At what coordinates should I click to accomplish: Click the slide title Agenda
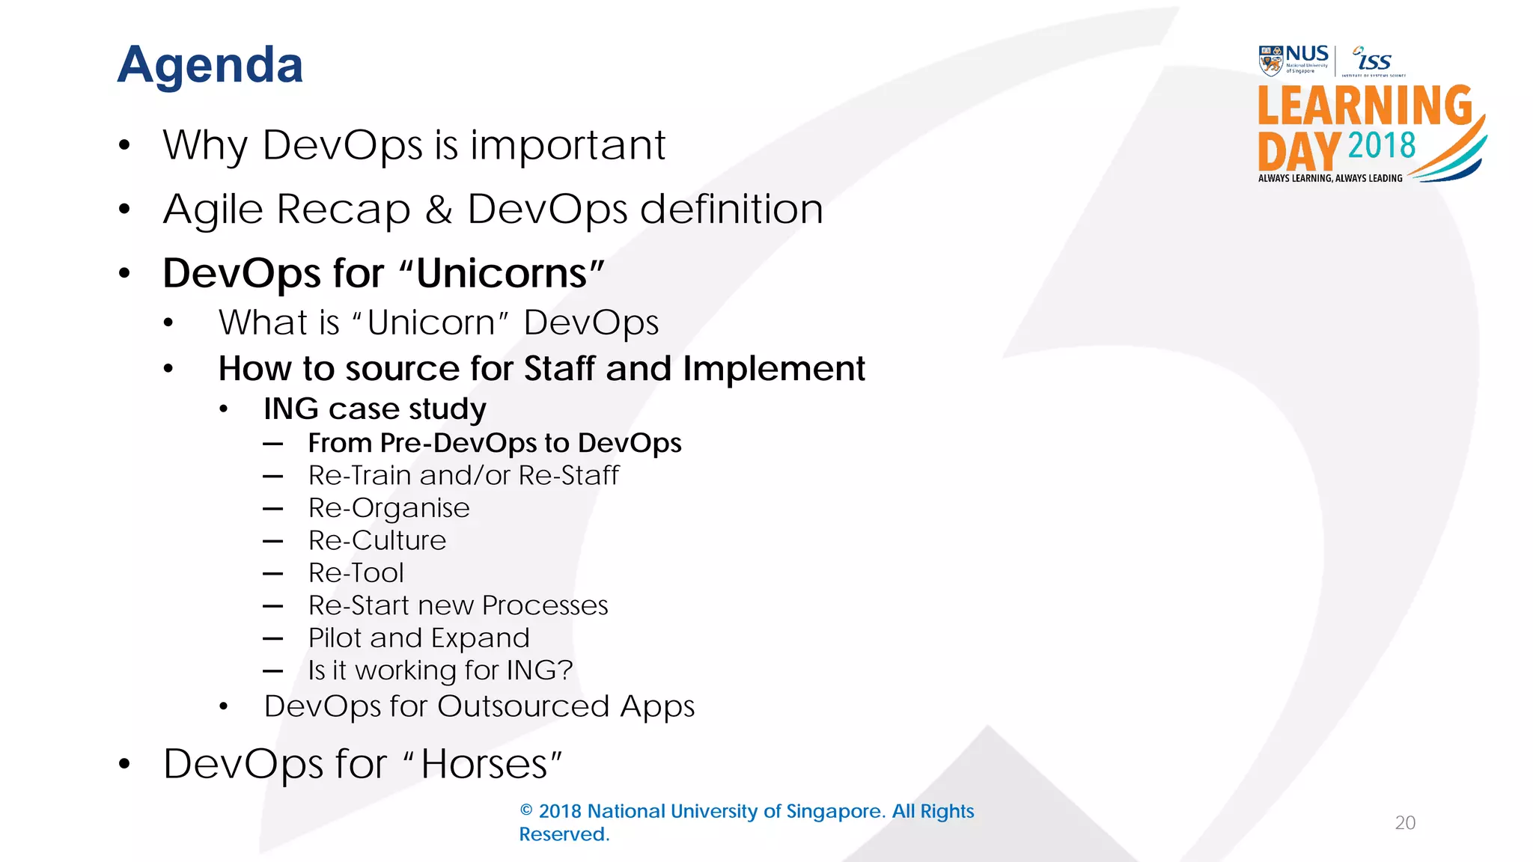[x=210, y=66]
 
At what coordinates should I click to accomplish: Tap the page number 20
[x=1405, y=822]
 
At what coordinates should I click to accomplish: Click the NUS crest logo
[x=1270, y=61]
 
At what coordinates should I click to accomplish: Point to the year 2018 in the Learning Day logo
[x=1381, y=145]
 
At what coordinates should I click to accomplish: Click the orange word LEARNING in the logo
[x=1364, y=106]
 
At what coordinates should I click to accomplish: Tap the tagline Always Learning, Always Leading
[x=1330, y=178]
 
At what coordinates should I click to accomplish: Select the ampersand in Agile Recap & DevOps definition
[x=439, y=209]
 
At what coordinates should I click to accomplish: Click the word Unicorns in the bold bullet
[x=502, y=273]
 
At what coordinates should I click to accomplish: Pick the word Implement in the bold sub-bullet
[x=773, y=368]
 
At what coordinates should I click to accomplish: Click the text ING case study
[x=374, y=409]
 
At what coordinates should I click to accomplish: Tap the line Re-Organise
[x=388, y=508]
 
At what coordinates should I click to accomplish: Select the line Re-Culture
[x=377, y=540]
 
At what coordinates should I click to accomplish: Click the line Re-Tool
[x=356, y=573]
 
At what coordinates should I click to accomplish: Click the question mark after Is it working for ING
[x=565, y=670]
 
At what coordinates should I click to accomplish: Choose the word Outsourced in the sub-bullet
[x=523, y=706]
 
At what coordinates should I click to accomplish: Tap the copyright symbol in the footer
[x=526, y=810]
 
